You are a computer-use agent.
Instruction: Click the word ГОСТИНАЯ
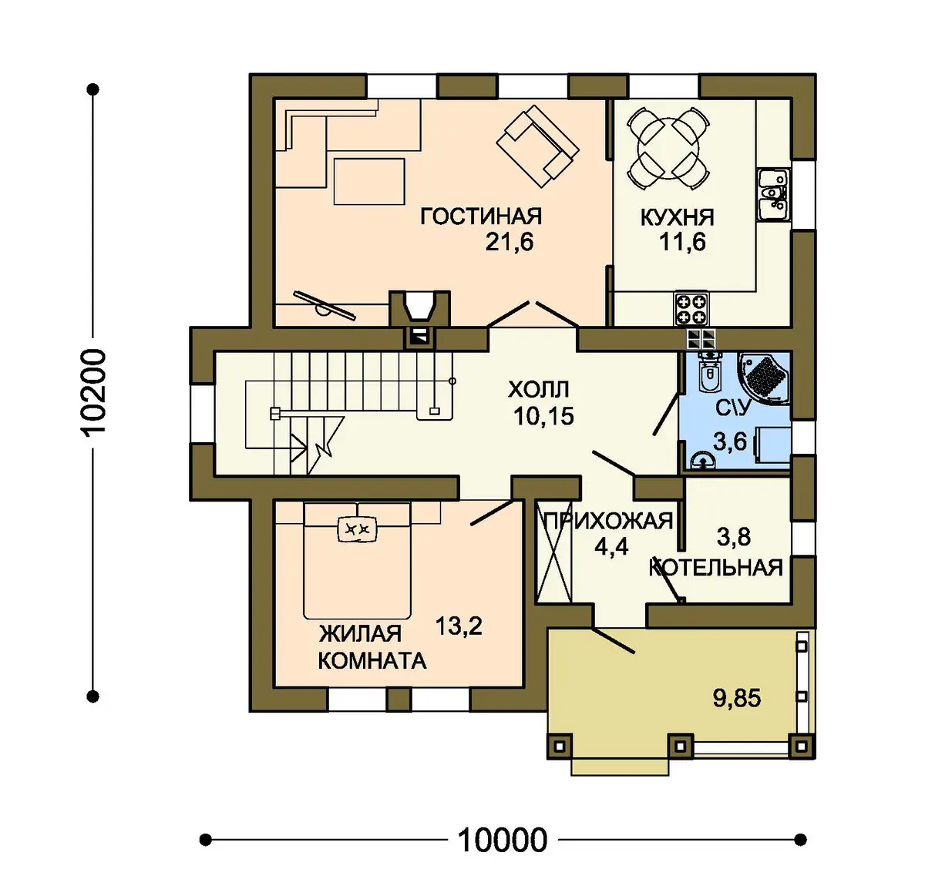click(x=481, y=216)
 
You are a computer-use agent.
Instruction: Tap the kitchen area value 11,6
click(x=682, y=242)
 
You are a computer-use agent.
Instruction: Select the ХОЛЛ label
click(x=539, y=390)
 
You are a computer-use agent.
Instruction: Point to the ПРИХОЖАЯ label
click(x=608, y=521)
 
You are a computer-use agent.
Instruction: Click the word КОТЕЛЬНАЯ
click(x=716, y=567)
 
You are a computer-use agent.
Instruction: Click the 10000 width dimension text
click(x=502, y=841)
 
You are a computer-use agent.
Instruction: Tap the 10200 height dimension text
click(x=92, y=392)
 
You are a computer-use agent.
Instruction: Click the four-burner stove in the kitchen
click(x=691, y=309)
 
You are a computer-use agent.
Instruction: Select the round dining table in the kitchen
click(x=668, y=148)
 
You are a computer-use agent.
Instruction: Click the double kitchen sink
click(x=773, y=195)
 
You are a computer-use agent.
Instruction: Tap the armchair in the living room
click(x=537, y=147)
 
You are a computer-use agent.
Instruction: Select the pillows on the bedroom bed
click(x=357, y=528)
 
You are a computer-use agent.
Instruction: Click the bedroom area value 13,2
click(x=459, y=626)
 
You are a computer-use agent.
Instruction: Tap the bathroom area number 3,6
click(x=730, y=441)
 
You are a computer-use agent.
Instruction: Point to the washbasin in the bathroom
click(x=703, y=461)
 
